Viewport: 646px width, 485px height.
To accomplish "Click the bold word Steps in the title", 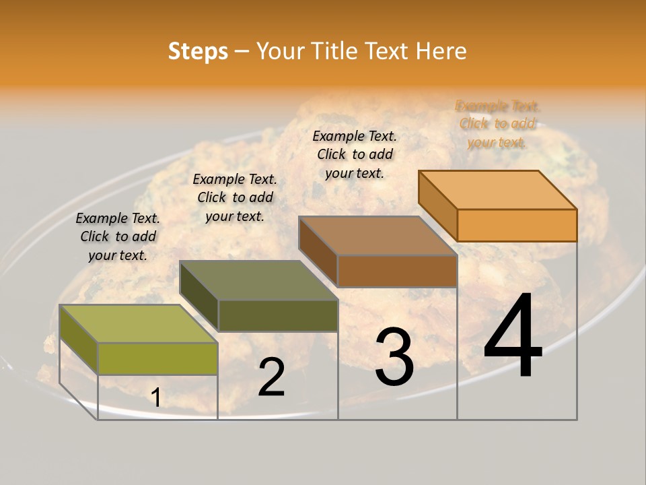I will click(x=198, y=51).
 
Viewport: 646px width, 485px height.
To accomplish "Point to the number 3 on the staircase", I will click(x=394, y=356).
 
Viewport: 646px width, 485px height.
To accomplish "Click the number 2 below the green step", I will click(x=271, y=377).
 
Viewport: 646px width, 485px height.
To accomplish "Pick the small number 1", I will click(x=156, y=398).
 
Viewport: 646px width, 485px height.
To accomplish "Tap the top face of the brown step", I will click(x=378, y=236).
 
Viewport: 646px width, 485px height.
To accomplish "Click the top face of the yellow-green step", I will click(x=138, y=324).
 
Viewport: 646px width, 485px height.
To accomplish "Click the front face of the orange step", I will click(x=517, y=225).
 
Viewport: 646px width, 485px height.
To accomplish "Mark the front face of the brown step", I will click(x=397, y=271).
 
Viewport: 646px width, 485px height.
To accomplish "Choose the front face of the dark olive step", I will click(x=278, y=315).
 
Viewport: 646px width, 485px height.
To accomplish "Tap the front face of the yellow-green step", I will click(x=157, y=358).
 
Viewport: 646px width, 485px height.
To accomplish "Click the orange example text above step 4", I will click(x=497, y=124).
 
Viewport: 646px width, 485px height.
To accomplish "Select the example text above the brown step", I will click(x=355, y=154).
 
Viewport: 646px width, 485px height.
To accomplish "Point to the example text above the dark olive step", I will click(x=235, y=197).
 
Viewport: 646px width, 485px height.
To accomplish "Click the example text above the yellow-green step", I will click(x=118, y=236).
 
